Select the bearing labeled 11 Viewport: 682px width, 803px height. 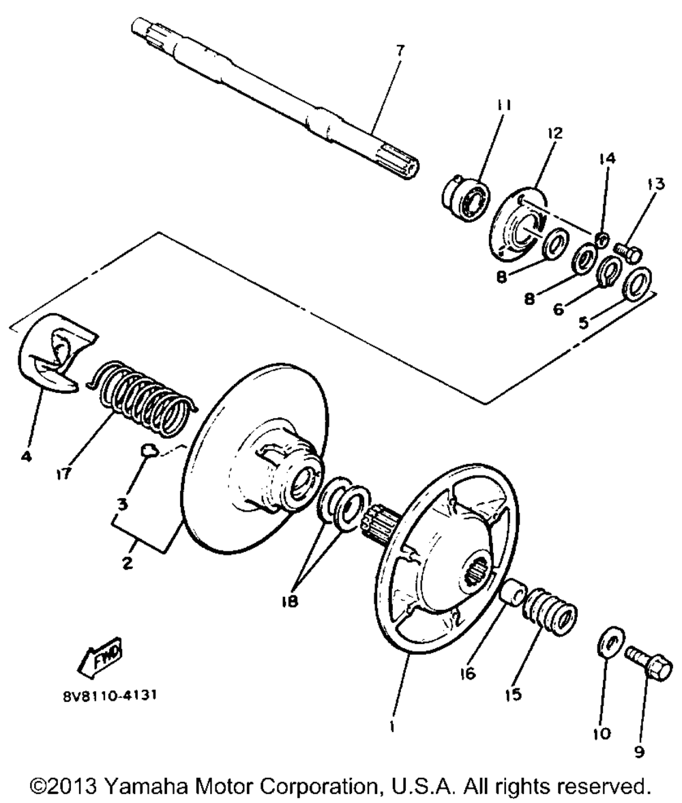[x=466, y=196]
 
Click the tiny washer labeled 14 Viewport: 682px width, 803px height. [x=603, y=238]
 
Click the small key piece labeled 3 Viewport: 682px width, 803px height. [x=149, y=450]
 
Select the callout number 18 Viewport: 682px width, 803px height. [x=289, y=601]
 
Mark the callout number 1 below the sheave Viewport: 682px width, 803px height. [x=392, y=726]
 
